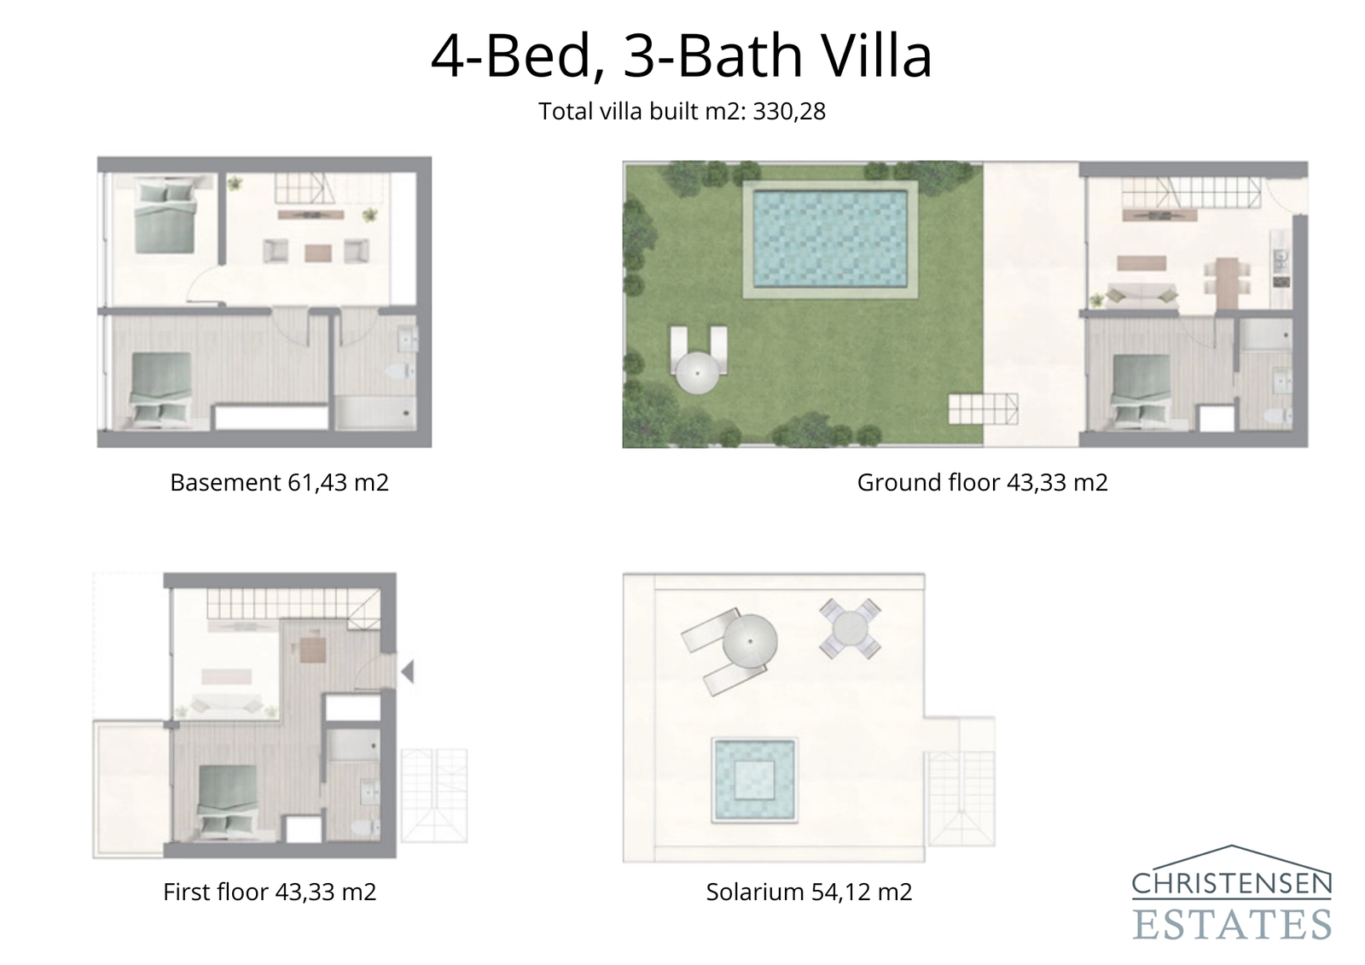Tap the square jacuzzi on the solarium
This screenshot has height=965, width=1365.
click(755, 780)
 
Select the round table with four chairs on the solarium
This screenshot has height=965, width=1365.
click(850, 629)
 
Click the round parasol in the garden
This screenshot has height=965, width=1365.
click(697, 373)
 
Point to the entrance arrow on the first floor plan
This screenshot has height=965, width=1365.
click(408, 671)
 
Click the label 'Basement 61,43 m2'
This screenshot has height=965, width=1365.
click(279, 483)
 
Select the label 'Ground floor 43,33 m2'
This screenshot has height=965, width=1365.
click(982, 483)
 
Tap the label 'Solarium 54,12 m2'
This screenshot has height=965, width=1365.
click(809, 892)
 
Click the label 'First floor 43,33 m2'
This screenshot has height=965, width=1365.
click(270, 892)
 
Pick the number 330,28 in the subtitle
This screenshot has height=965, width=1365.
click(789, 112)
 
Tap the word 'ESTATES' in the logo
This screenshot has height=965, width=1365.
click(1232, 924)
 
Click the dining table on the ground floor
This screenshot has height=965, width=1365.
click(1227, 282)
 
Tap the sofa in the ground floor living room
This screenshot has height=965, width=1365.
click(1143, 295)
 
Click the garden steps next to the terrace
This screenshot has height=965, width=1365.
click(983, 409)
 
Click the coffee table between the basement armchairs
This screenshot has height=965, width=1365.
click(317, 252)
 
